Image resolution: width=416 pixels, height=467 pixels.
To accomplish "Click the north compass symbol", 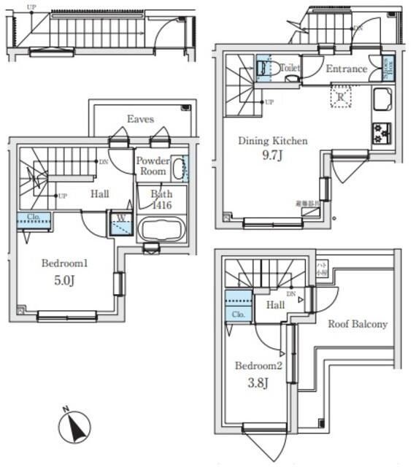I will [74, 425].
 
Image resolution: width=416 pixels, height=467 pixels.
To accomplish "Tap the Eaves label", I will [141, 118].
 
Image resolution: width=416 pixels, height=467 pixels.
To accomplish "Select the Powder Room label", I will [153, 166].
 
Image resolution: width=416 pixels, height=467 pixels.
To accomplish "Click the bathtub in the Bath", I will [162, 230].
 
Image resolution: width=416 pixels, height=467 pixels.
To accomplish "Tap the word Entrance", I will [346, 69].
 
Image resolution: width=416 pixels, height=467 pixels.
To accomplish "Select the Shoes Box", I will [388, 68].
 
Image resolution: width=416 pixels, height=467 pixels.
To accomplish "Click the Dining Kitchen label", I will [273, 141].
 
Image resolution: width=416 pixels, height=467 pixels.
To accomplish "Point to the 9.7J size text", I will [274, 156].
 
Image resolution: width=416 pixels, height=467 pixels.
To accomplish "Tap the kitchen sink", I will [383, 99].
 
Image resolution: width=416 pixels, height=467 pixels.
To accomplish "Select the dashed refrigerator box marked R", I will [340, 96].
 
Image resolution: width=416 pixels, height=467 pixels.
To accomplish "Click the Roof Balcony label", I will [357, 324].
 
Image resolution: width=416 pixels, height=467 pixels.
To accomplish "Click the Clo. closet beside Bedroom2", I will [237, 305].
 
